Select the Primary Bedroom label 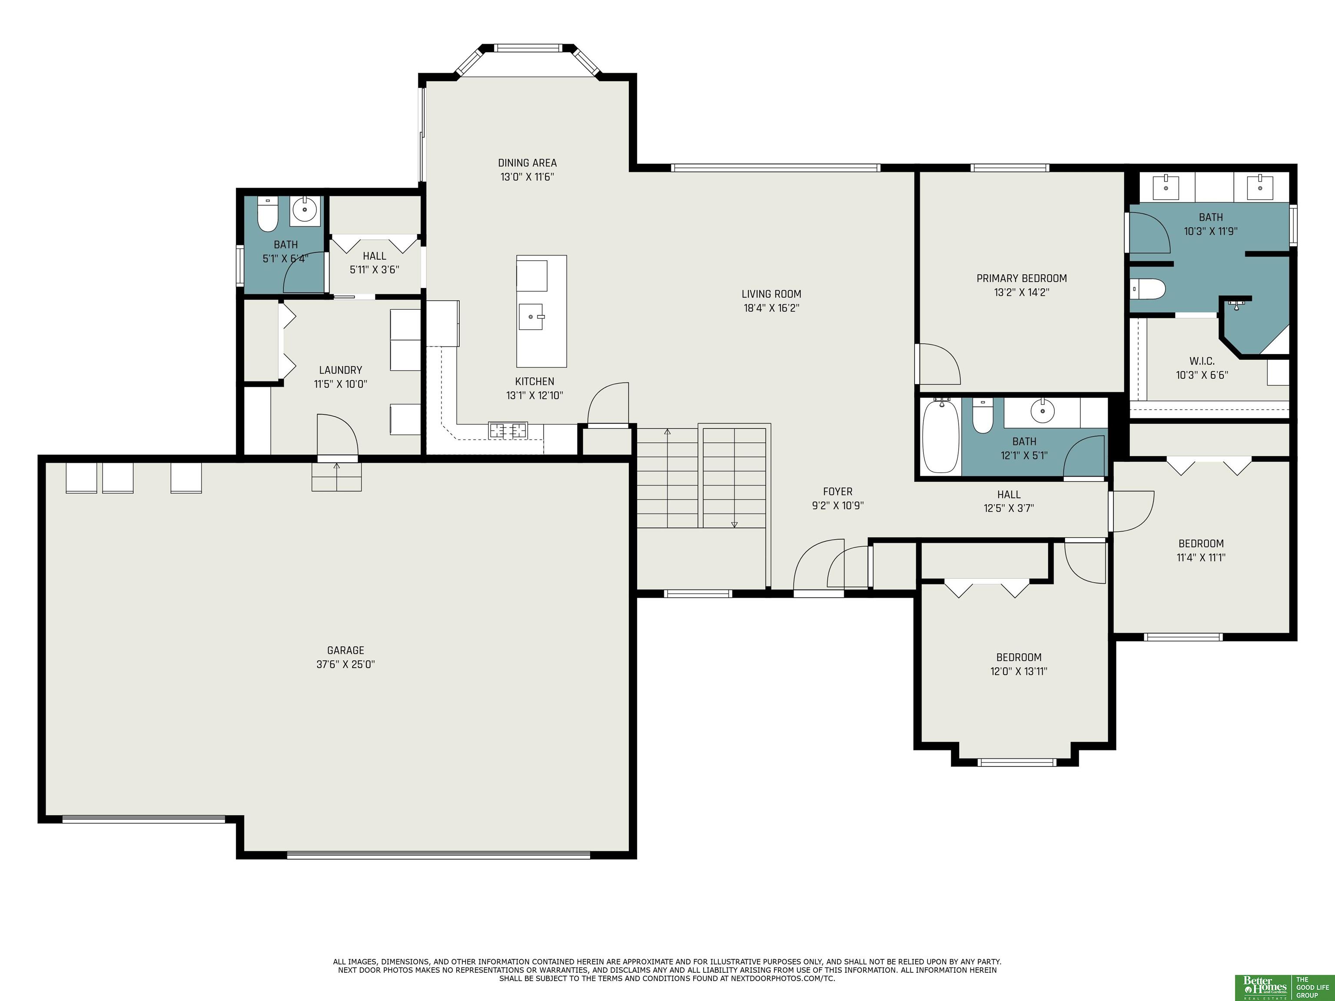click(x=1022, y=278)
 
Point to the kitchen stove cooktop click(x=508, y=430)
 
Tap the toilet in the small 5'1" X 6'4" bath click(x=267, y=214)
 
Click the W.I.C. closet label click(x=1202, y=361)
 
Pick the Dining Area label click(x=527, y=163)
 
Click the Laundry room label click(x=340, y=370)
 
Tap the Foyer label click(x=838, y=492)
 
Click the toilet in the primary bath click(x=1148, y=289)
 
